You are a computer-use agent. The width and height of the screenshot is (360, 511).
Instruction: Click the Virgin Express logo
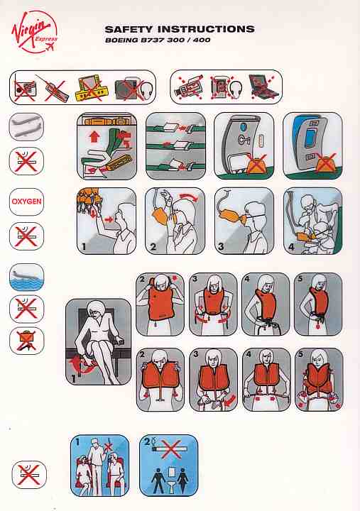tap(35, 32)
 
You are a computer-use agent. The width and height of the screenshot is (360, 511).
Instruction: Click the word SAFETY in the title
tap(129, 29)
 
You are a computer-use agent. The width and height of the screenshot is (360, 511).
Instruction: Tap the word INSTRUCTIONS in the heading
tap(206, 29)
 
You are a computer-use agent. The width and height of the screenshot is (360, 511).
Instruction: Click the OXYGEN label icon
tap(26, 202)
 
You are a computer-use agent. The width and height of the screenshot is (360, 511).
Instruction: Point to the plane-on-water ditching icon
tap(26, 278)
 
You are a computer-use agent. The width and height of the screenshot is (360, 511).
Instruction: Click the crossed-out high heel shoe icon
tap(26, 341)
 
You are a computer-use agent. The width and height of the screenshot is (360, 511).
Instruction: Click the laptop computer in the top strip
tap(263, 87)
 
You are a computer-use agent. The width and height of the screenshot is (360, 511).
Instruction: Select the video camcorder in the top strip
tap(189, 87)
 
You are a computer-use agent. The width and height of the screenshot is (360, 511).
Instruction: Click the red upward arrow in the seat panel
tap(94, 136)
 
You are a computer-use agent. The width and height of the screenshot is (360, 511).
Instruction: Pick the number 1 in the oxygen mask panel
tap(84, 247)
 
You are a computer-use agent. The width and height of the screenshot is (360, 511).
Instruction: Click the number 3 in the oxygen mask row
tap(221, 247)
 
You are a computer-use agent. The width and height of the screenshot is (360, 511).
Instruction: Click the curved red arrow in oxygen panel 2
tap(188, 196)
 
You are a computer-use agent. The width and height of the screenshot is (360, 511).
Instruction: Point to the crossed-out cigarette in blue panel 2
tap(170, 449)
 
